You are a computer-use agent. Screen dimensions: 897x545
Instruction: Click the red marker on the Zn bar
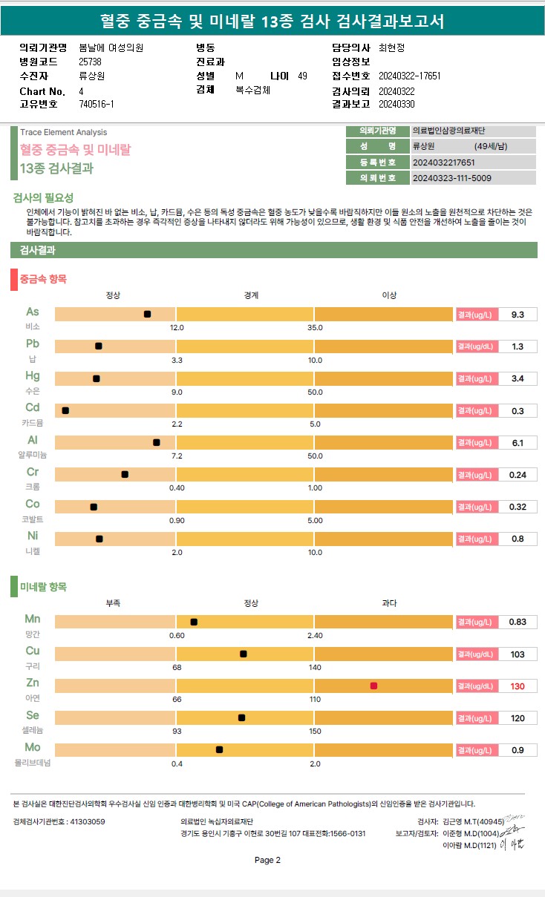[373, 686]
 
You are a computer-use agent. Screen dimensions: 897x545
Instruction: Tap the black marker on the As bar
[147, 315]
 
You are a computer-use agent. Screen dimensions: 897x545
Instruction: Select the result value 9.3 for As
[518, 315]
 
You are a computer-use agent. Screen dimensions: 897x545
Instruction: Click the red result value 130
[518, 686]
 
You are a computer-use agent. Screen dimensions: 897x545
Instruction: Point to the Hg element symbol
[33, 376]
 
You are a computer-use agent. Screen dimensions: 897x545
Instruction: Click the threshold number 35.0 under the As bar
[315, 327]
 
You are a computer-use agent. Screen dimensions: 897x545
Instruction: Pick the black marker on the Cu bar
[244, 654]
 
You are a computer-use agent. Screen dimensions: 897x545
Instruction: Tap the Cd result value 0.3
[518, 411]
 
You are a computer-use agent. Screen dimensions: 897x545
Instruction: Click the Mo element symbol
[33, 747]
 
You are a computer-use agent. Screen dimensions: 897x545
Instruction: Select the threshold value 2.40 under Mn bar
[315, 635]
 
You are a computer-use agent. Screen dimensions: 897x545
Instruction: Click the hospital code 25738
[90, 62]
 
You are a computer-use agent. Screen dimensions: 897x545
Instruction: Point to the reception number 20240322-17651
[409, 76]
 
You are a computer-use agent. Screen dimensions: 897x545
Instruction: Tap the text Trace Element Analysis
[64, 132]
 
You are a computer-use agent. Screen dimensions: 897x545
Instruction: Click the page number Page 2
[267, 861]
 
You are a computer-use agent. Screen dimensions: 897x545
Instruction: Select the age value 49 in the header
[302, 76]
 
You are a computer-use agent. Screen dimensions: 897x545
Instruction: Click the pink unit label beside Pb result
[476, 346]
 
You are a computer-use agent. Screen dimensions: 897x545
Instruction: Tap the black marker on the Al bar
[156, 443]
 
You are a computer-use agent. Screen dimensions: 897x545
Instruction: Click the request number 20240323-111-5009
[451, 178]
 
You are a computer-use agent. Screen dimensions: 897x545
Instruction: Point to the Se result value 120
[518, 718]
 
